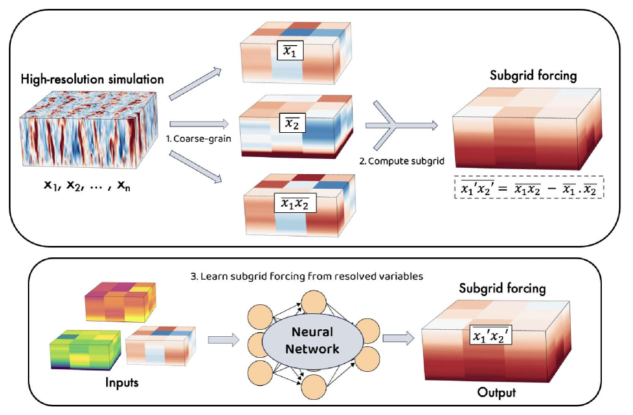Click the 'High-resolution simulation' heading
point(92,79)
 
